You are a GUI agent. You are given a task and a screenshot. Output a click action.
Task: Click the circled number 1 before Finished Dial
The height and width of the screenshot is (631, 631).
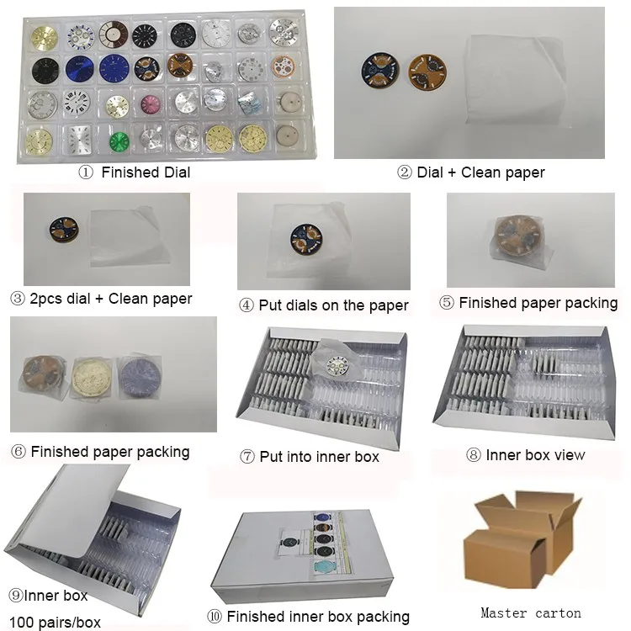point(85,172)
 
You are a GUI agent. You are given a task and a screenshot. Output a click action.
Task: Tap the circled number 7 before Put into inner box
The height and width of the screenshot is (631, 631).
point(247,457)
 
